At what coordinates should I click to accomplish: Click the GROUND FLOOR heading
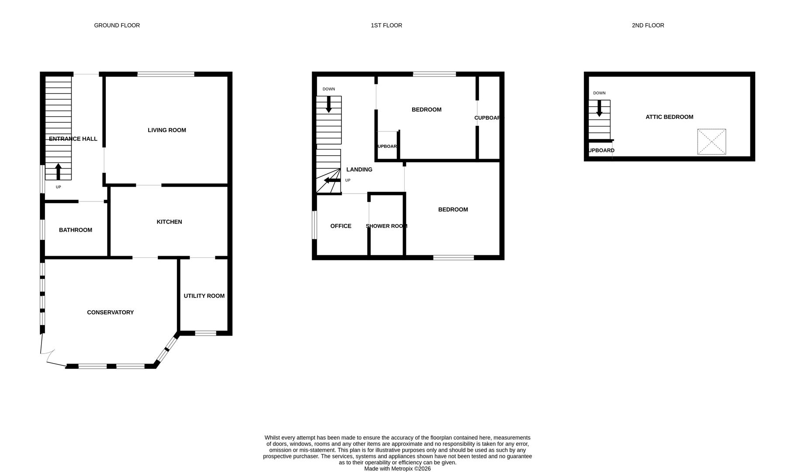pyautogui.click(x=117, y=25)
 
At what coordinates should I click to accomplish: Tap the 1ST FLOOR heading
pyautogui.click(x=386, y=25)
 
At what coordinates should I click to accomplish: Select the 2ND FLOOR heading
pyautogui.click(x=648, y=25)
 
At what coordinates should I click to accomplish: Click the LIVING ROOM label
pyautogui.click(x=167, y=130)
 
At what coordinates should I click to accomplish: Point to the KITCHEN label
pyautogui.click(x=169, y=222)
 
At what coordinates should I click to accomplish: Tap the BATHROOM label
pyautogui.click(x=76, y=230)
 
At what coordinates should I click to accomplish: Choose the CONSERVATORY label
pyautogui.click(x=110, y=312)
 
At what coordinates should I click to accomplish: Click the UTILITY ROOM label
pyautogui.click(x=204, y=296)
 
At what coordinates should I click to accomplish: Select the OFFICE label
pyautogui.click(x=340, y=226)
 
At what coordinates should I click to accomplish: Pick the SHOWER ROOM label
pyautogui.click(x=386, y=226)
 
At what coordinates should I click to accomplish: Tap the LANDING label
pyautogui.click(x=359, y=170)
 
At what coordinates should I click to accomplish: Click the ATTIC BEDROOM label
pyautogui.click(x=669, y=117)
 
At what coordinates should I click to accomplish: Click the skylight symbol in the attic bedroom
pyautogui.click(x=711, y=142)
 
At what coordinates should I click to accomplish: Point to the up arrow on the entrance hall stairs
pyautogui.click(x=58, y=171)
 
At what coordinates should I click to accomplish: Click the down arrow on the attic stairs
pyautogui.click(x=599, y=108)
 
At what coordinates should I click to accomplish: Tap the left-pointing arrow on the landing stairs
pyautogui.click(x=332, y=180)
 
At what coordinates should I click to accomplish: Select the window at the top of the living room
pyautogui.click(x=166, y=74)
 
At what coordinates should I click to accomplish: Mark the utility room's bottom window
pyautogui.click(x=205, y=333)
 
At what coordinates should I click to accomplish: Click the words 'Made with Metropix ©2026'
pyautogui.click(x=397, y=469)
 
